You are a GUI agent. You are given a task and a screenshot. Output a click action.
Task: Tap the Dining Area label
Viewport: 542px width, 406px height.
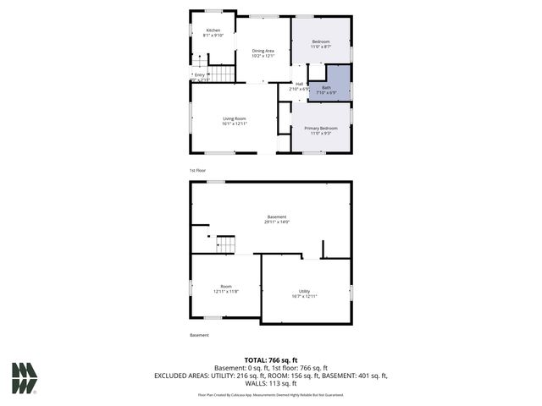tap(263, 51)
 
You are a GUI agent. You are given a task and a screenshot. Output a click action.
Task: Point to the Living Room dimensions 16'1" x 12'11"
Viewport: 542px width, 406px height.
tap(235, 123)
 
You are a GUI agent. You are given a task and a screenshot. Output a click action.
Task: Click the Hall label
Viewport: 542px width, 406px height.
tap(300, 83)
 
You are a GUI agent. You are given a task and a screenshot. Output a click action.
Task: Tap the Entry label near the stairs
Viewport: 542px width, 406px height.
tap(200, 74)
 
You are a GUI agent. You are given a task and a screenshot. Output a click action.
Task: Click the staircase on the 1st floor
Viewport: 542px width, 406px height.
tap(221, 74)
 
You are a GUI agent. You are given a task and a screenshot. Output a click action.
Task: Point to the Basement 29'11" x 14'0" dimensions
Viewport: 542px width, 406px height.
tap(277, 222)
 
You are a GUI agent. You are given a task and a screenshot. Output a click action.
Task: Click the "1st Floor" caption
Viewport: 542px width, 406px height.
tap(198, 171)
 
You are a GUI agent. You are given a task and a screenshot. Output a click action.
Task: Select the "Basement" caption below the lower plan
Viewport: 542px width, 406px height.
tap(199, 335)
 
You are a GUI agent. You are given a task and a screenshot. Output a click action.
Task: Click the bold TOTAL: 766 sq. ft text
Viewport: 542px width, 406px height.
tap(271, 360)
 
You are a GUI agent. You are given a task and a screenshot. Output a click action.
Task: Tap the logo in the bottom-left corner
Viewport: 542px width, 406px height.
tap(25, 378)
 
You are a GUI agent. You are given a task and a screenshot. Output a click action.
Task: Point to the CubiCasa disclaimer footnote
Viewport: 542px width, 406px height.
tap(271, 394)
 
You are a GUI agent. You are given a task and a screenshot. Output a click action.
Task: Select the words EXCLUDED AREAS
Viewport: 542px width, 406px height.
tap(180, 375)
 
